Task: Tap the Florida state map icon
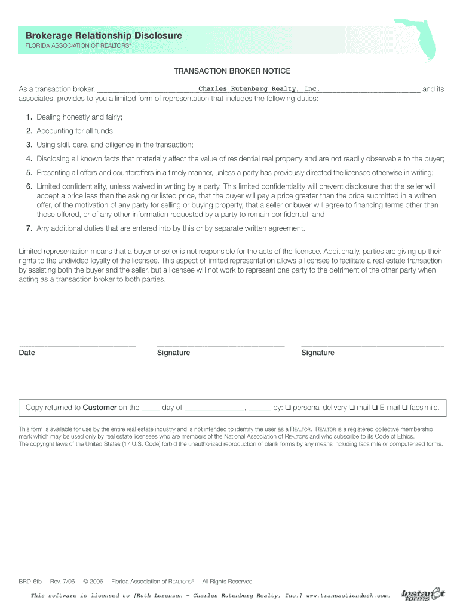422,39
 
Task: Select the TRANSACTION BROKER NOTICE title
232,71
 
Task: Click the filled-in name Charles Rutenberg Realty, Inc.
255,89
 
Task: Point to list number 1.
29,117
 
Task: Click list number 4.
29,159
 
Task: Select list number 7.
29,228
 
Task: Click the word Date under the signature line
27,353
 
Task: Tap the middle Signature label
173,353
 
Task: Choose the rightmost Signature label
318,353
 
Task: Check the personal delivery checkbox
288,408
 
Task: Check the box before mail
352,408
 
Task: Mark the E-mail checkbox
375,408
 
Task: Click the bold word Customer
99,408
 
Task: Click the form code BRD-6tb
30,582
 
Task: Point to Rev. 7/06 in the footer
63,582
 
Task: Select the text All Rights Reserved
227,582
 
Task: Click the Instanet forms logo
422,595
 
